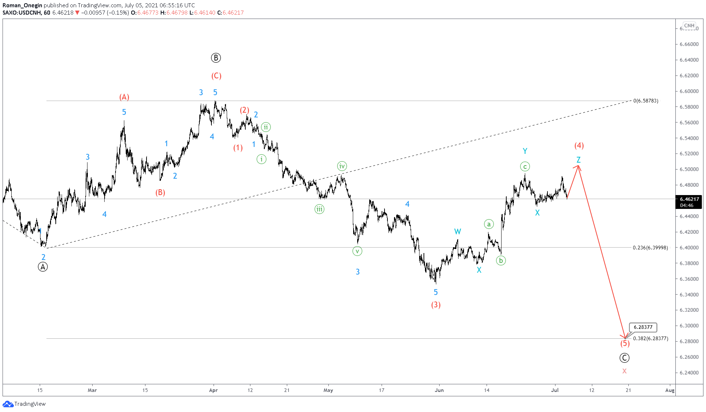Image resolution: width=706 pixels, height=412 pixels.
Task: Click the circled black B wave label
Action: (216, 58)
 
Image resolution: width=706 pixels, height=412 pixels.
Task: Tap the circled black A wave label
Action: (43, 267)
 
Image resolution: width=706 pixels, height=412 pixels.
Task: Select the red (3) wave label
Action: (436, 305)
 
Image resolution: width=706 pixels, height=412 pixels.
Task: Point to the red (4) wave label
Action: (579, 145)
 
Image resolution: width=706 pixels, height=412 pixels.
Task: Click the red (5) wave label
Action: (625, 343)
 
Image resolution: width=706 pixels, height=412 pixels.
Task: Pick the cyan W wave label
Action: (457, 232)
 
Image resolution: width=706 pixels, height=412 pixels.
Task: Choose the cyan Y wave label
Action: (525, 151)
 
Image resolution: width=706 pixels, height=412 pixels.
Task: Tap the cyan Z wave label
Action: (578, 160)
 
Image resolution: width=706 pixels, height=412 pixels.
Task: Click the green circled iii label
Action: (319, 209)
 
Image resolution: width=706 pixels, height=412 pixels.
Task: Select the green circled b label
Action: (501, 260)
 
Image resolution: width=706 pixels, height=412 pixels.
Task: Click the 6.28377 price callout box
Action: (643, 327)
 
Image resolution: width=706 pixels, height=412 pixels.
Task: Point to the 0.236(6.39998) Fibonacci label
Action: (650, 248)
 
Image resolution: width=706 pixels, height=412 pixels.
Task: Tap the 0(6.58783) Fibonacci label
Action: (646, 101)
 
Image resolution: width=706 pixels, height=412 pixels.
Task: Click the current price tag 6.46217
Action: (689, 199)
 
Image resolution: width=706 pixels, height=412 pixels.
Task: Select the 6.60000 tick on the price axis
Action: (689, 91)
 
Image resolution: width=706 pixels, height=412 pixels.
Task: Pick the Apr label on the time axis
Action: (213, 390)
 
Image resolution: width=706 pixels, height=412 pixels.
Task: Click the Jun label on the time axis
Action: (439, 390)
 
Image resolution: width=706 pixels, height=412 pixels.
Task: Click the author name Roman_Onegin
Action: (22, 5)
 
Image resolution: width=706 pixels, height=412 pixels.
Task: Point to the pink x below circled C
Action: (624, 371)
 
